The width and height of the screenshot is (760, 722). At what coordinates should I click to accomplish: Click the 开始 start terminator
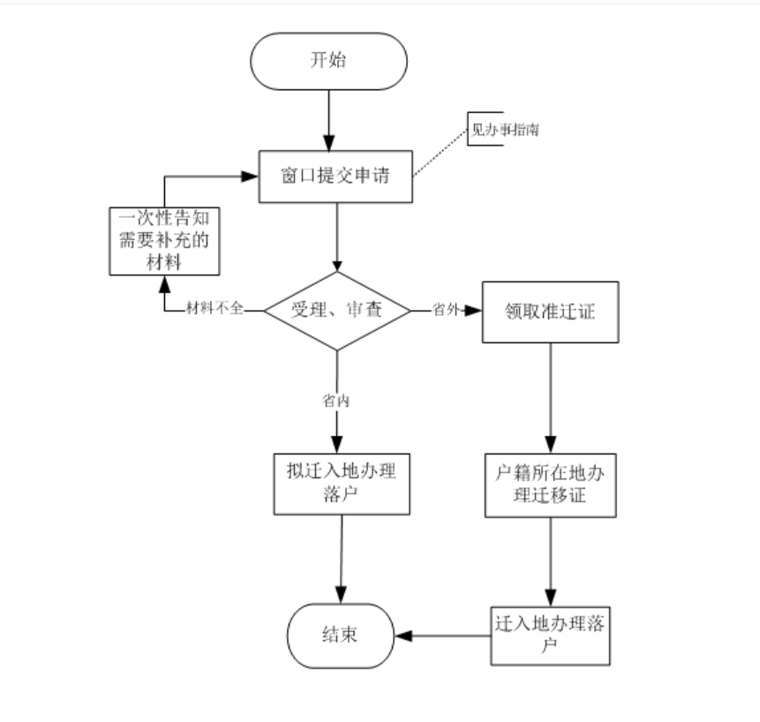coord(329,61)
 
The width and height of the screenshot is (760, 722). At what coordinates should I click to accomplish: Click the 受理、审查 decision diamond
coord(337,310)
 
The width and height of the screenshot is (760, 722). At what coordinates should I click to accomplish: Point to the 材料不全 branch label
coord(213,310)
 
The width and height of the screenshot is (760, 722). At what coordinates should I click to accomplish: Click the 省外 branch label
coord(444,310)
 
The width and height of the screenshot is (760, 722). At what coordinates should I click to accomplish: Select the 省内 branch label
coord(336,401)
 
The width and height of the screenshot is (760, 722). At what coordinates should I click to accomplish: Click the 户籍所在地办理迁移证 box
coord(551,485)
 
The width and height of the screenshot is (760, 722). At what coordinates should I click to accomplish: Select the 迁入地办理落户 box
coord(551,635)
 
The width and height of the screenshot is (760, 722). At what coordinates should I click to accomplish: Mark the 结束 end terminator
coord(338,636)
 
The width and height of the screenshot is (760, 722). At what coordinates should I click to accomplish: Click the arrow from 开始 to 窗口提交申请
coord(329,118)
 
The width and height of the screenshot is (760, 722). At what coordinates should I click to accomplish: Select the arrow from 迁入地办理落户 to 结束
coord(441,635)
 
